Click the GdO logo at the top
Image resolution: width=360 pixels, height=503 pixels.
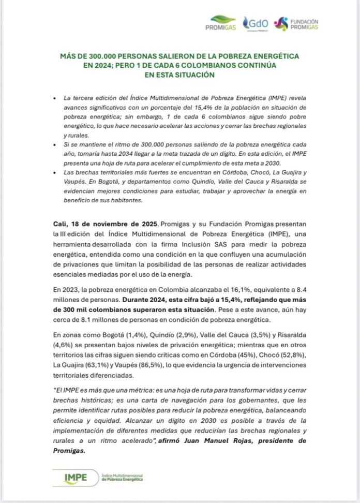pos(258,23)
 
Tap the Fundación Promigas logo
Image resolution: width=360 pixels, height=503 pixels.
pos(298,23)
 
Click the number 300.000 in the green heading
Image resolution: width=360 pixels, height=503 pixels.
pos(102,55)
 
